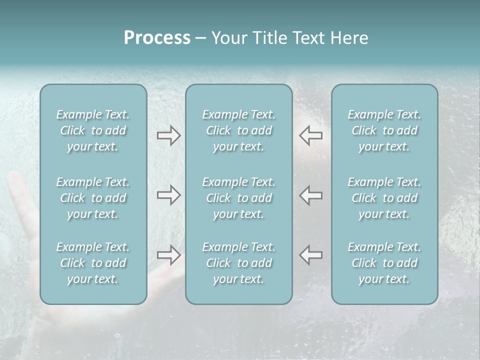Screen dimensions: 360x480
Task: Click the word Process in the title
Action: (x=157, y=38)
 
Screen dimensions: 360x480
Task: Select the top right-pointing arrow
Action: (x=168, y=135)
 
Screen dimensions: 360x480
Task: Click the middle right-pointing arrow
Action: (x=168, y=195)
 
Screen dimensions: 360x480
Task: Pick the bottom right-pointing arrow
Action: (x=168, y=255)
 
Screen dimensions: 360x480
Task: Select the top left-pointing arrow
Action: (x=311, y=135)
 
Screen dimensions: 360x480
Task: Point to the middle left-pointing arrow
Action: (x=311, y=195)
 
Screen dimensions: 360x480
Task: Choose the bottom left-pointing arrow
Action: (x=311, y=255)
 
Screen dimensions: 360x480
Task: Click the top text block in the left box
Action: (x=93, y=130)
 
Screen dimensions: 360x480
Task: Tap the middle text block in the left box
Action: (x=93, y=198)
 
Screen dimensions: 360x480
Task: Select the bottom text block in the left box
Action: (x=93, y=263)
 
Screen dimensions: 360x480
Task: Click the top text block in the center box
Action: (x=239, y=130)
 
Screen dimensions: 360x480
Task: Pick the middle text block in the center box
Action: (x=239, y=198)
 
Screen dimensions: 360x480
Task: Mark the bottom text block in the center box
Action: (x=239, y=263)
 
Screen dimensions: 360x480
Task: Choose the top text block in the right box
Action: (x=384, y=130)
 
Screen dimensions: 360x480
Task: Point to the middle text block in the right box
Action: (x=384, y=198)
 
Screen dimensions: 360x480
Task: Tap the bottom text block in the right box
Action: (x=384, y=263)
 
